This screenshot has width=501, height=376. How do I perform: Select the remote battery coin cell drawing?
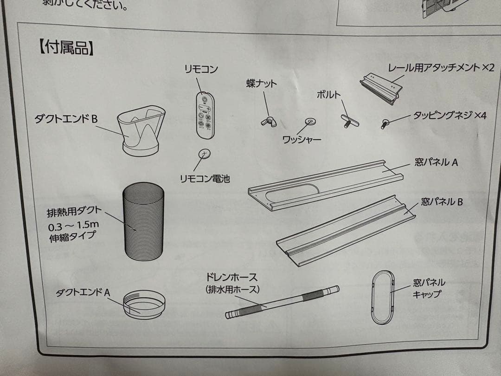coord(205,154)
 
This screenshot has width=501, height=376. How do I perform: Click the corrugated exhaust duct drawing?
coord(143,221)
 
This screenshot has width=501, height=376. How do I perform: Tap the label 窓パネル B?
coord(442,202)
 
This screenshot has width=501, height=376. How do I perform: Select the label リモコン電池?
coord(205,178)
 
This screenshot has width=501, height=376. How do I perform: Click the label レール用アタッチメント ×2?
coord(441,68)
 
